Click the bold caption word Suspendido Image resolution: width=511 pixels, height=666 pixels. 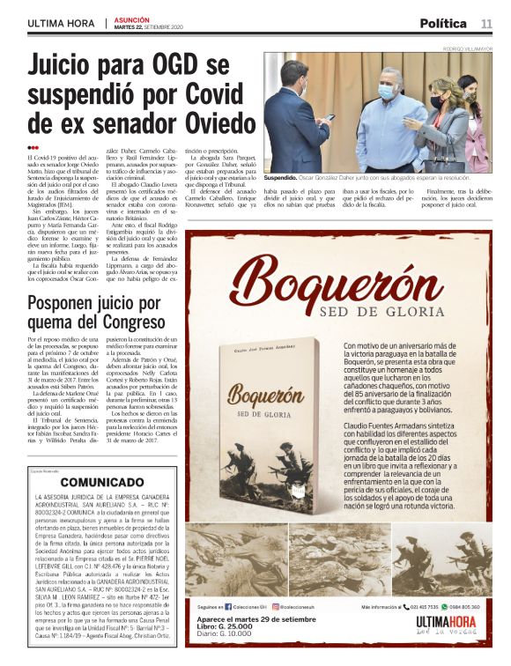pyautogui.click(x=285, y=178)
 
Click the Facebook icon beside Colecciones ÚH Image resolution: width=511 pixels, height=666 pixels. pyautogui.click(x=228, y=607)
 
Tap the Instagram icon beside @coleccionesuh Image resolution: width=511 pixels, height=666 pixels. pyautogui.click(x=275, y=607)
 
